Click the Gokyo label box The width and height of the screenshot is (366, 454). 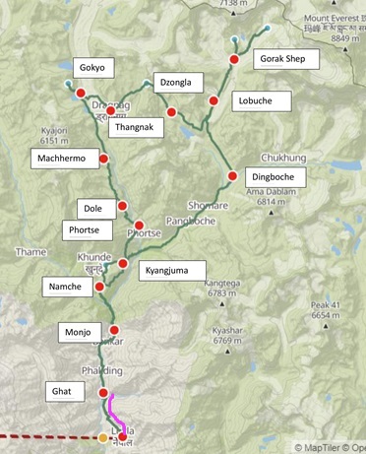[x=94, y=68]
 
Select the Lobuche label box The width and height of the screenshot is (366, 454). [x=264, y=100]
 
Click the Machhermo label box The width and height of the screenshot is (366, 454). [x=63, y=158]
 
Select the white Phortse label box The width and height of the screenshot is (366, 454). [x=91, y=230]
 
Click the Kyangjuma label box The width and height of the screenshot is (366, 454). [x=174, y=269]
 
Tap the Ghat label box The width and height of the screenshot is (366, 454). [x=67, y=391]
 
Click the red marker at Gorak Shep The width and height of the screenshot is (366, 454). [x=234, y=61]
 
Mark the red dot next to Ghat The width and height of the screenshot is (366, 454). [x=104, y=393]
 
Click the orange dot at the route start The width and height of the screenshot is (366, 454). [x=103, y=437]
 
